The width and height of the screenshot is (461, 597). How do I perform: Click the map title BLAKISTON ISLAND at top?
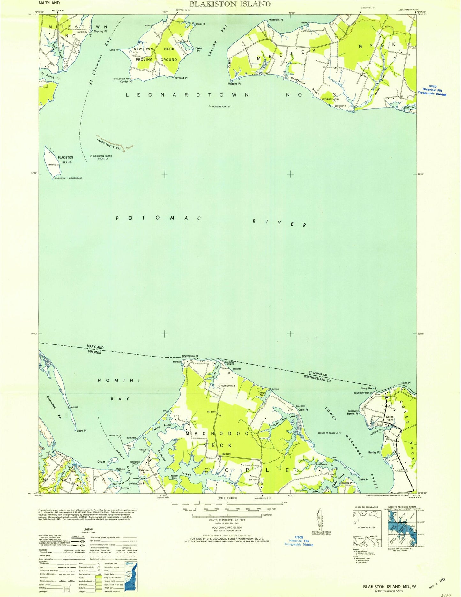[x=230, y=4]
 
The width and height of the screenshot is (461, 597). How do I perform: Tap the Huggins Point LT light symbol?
[x=210, y=106]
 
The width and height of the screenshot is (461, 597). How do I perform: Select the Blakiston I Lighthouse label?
[x=68, y=178]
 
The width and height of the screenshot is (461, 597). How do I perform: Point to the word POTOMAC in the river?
[x=158, y=218]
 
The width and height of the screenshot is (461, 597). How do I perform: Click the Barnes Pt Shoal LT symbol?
[x=340, y=433]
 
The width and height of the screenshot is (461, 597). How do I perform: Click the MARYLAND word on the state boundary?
[x=95, y=347]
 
